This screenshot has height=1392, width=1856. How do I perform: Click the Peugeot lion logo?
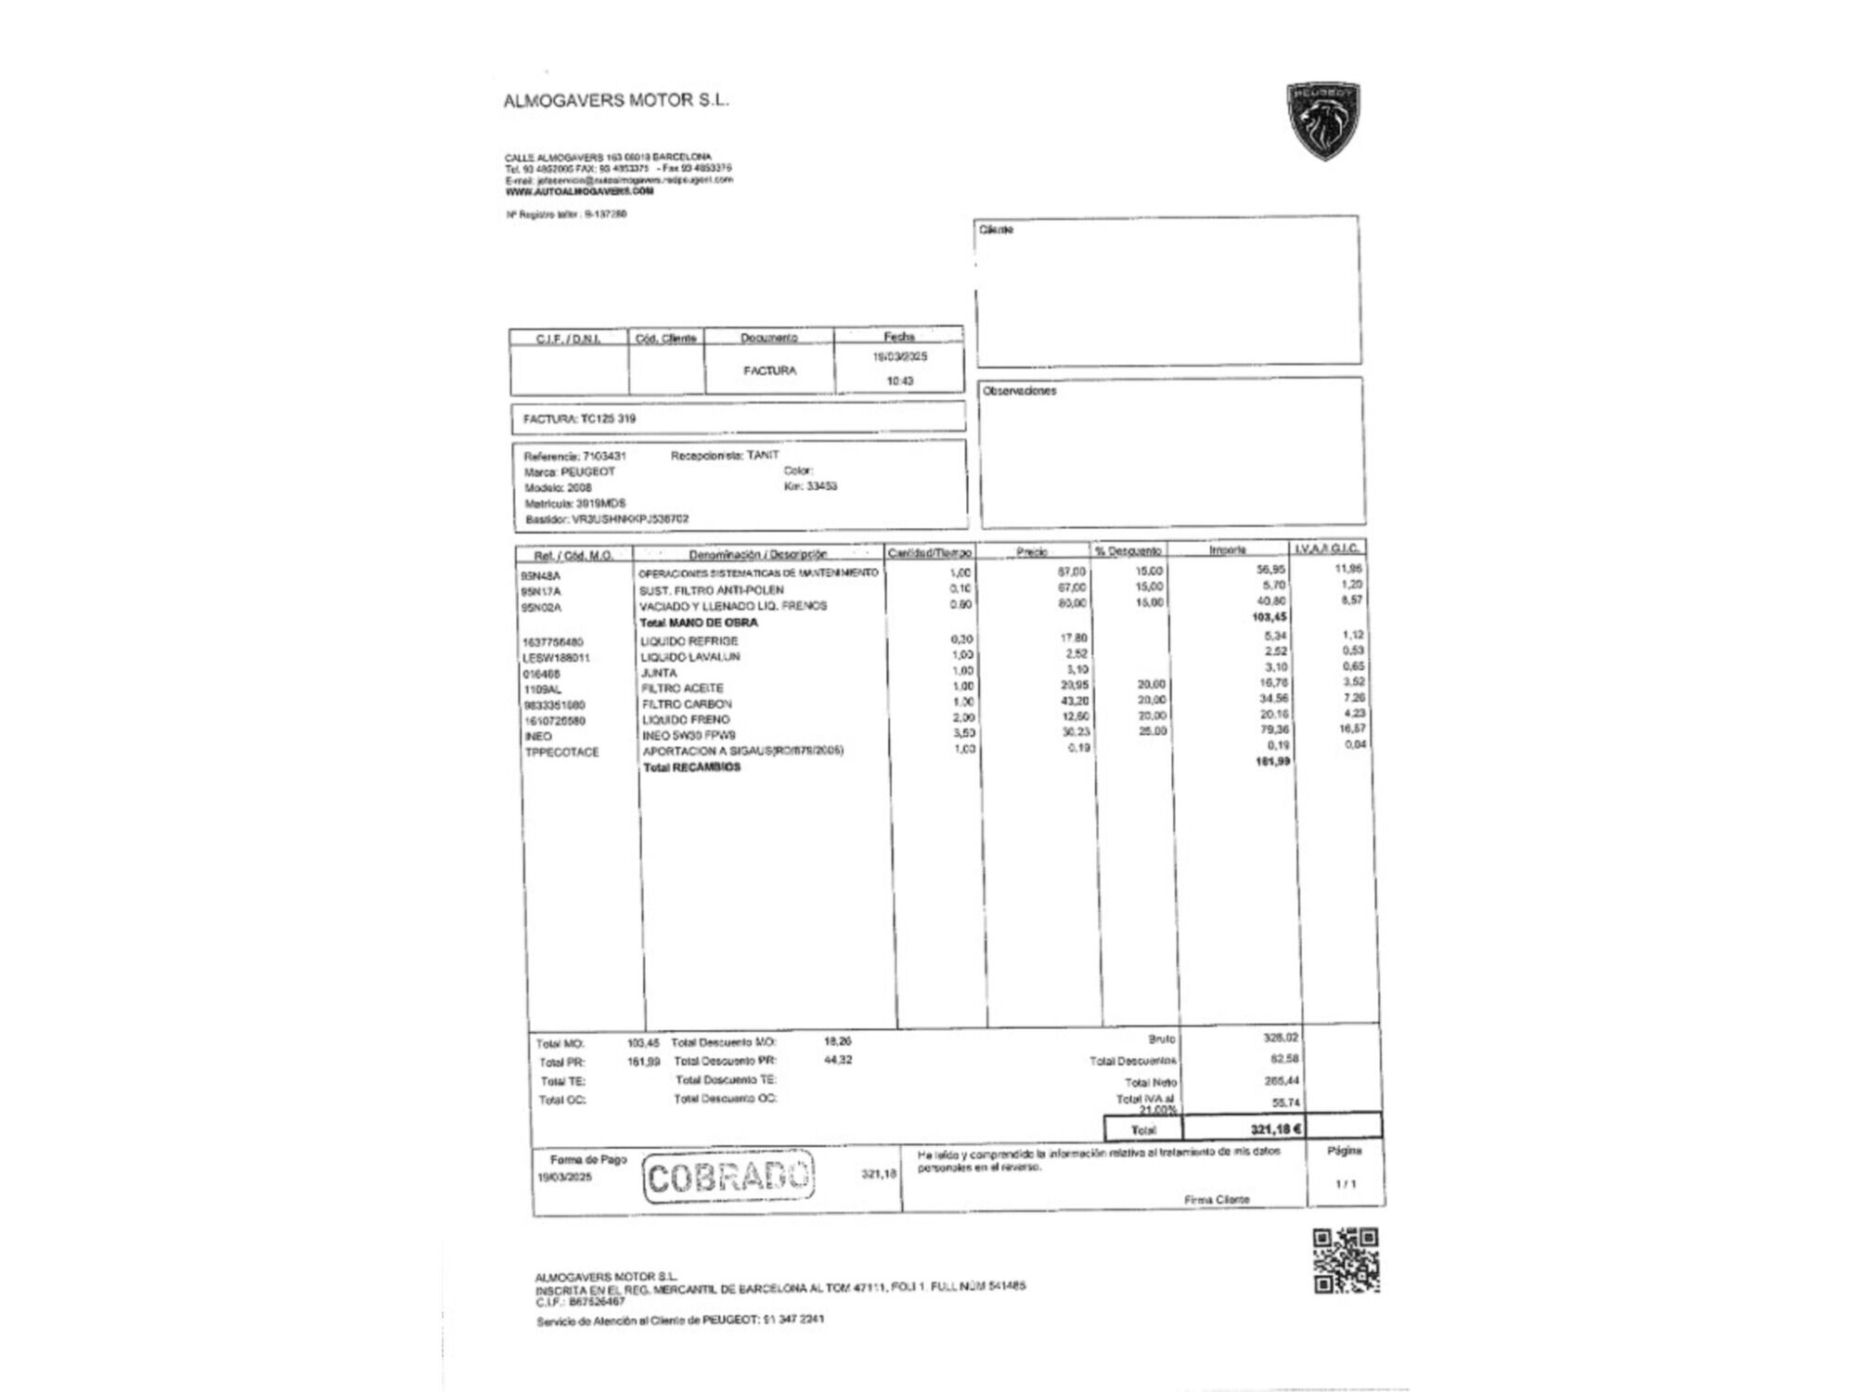(1323, 121)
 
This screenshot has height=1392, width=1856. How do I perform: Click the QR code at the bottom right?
(1346, 1260)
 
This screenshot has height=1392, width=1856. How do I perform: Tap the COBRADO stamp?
(728, 1177)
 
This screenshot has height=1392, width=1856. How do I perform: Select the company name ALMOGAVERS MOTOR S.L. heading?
(616, 100)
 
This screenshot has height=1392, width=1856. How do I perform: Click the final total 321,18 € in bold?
(1276, 1129)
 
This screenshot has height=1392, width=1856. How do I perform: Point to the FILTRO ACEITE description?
(682, 689)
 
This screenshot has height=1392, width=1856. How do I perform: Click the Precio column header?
(1031, 552)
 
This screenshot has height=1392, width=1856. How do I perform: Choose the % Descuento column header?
(1128, 551)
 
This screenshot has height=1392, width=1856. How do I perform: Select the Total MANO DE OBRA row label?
(699, 623)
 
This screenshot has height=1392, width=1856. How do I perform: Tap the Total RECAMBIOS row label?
(692, 767)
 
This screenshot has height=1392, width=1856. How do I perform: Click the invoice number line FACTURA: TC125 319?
(579, 419)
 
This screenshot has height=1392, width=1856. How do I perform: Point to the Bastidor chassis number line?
(607, 520)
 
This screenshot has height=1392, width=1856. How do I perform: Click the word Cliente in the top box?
(996, 229)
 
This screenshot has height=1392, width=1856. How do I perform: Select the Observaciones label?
(1019, 391)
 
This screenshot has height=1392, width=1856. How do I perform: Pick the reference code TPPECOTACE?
(561, 753)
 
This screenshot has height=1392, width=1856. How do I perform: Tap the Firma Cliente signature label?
(1217, 1200)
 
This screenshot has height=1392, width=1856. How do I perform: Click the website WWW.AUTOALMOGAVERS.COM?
(579, 191)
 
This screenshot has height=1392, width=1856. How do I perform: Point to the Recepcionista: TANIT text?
(725, 456)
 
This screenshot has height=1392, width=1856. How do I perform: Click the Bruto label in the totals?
(1161, 1039)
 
